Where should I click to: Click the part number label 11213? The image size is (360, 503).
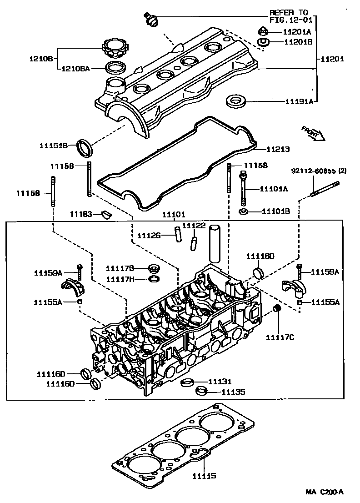[278, 149]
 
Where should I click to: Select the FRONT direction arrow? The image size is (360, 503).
[313, 133]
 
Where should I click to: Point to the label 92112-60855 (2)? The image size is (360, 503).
[319, 171]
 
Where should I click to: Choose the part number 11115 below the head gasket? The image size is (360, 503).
[204, 476]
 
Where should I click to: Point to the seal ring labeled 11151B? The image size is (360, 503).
[85, 146]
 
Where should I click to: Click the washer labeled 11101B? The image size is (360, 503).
[244, 212]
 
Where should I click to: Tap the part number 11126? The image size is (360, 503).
[149, 235]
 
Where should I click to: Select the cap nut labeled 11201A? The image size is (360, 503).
[263, 31]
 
